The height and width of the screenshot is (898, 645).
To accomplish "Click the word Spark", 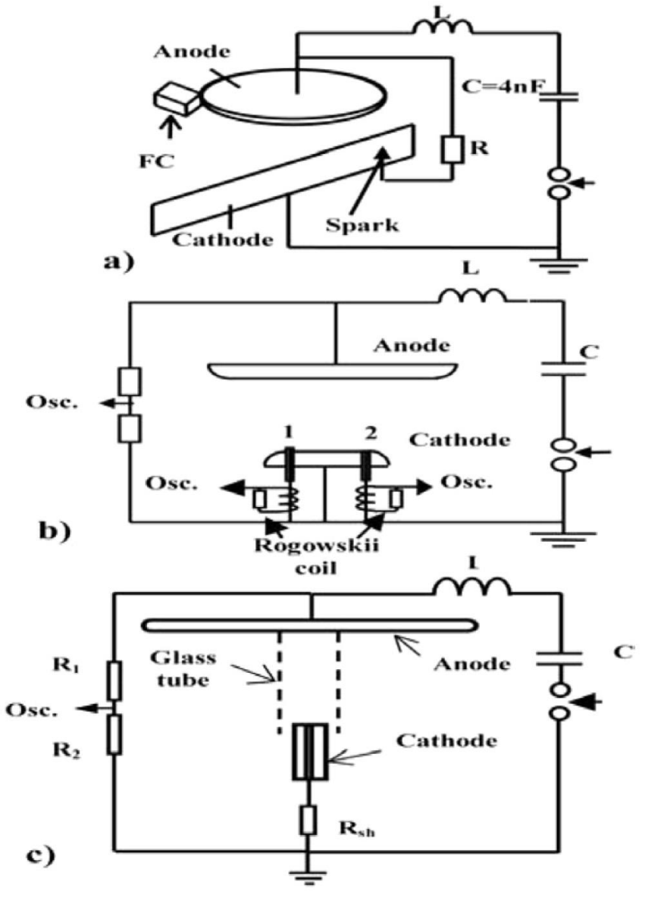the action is [x=362, y=224].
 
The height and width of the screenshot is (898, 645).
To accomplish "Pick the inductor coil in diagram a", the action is [x=442, y=25].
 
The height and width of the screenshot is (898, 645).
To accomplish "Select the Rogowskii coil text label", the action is [x=316, y=555].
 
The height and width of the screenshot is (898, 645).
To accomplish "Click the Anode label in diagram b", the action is [x=412, y=345].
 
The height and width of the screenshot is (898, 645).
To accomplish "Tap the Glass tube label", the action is [x=183, y=668].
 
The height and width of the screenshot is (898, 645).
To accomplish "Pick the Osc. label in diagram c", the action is [x=32, y=711].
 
